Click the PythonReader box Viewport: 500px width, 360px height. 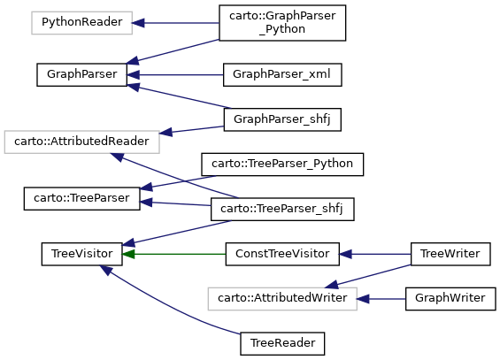(x=82, y=23)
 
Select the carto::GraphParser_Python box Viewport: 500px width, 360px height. (x=282, y=23)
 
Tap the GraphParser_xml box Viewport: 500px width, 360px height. (x=282, y=75)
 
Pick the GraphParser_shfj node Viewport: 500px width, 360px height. (x=282, y=119)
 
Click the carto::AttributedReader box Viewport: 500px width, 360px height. (x=81, y=142)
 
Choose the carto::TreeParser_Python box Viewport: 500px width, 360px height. (x=282, y=164)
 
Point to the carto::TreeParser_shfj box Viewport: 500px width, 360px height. (x=282, y=209)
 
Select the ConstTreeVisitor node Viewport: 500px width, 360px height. (x=282, y=254)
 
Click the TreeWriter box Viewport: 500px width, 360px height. (x=450, y=254)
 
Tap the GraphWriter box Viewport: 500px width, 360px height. (x=450, y=298)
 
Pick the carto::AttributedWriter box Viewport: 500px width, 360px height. (x=282, y=298)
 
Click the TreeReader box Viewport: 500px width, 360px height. (x=282, y=343)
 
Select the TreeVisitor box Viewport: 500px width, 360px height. (x=81, y=254)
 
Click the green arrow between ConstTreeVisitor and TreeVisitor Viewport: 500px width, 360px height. (x=173, y=254)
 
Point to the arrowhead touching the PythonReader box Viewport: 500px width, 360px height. (x=138, y=23)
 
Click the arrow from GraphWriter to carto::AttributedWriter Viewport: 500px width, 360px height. (x=381, y=299)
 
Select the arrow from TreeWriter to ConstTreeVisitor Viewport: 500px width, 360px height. (x=375, y=254)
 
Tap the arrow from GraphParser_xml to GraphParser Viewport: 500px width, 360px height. (x=175, y=75)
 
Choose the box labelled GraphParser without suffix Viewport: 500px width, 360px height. (x=81, y=75)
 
